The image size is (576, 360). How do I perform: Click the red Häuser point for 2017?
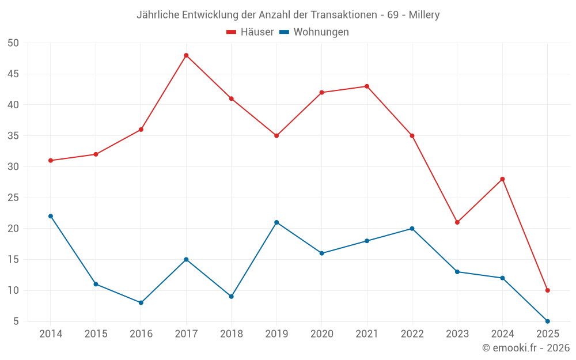[186, 55]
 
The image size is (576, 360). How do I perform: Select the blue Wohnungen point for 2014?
[51, 216]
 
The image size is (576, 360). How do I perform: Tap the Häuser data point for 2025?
[547, 290]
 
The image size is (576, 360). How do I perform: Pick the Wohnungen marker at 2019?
[276, 222]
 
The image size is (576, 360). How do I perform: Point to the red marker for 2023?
[457, 222]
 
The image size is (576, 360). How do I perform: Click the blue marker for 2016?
[141, 302]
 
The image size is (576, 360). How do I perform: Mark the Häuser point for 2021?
[367, 86]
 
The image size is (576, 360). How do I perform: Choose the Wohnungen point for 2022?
[412, 229]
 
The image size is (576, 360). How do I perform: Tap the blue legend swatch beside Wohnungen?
[284, 32]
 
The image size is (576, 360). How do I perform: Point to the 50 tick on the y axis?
[14, 43]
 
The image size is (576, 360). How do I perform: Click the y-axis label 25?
[14, 198]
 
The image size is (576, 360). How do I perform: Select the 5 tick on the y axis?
[16, 321]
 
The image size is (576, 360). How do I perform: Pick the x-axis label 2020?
[321, 334]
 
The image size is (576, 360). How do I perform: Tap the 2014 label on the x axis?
[51, 334]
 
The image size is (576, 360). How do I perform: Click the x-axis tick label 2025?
[547, 334]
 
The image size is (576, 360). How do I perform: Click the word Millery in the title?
[424, 15]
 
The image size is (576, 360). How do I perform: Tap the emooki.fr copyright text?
[526, 348]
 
